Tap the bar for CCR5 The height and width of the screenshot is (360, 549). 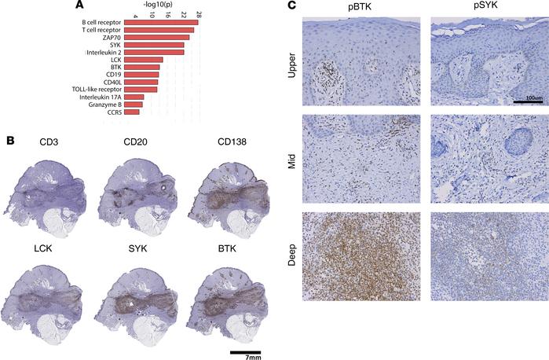coord(132,112)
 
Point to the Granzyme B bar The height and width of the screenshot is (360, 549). coord(134,104)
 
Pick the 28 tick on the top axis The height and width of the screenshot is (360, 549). coord(199,14)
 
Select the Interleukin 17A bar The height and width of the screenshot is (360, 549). coord(135,97)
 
